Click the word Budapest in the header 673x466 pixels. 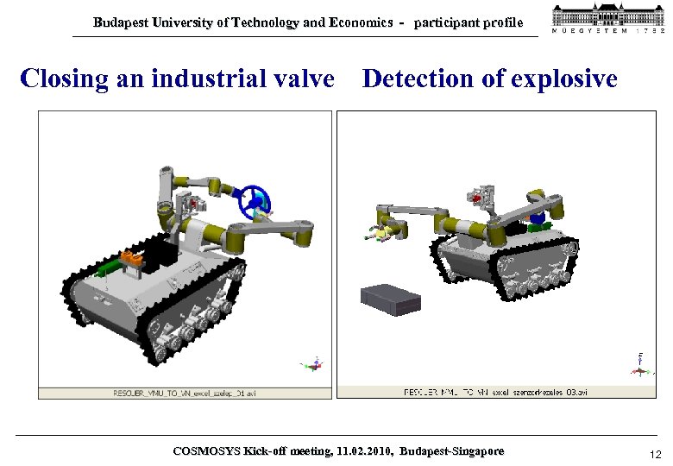click(x=121, y=23)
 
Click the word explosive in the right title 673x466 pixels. click(x=564, y=79)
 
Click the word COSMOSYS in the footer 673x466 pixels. click(x=207, y=451)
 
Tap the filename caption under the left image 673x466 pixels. click(x=185, y=394)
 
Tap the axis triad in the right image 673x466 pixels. click(x=639, y=366)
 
